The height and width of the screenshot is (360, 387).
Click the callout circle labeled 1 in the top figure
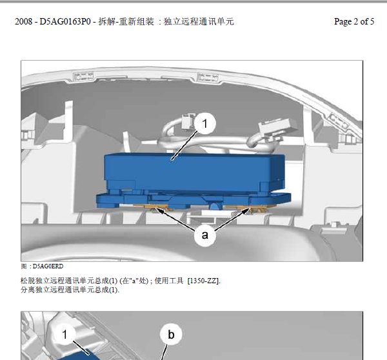click(x=205, y=123)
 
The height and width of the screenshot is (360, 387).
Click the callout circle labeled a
click(x=205, y=235)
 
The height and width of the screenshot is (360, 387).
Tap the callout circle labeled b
click(x=171, y=334)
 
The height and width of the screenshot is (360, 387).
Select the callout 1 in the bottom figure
click(x=64, y=334)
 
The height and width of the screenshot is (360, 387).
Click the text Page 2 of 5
click(x=354, y=21)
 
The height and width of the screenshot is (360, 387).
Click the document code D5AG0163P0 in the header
click(x=65, y=21)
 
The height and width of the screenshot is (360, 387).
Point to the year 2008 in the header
click(x=23, y=21)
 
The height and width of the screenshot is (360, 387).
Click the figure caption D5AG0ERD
click(x=48, y=266)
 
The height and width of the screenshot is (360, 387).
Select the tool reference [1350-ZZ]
click(x=204, y=281)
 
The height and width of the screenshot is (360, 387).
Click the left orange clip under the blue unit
click(x=151, y=207)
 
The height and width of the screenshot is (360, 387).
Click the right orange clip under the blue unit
click(x=249, y=208)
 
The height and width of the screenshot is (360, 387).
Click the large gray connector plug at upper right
click(x=277, y=128)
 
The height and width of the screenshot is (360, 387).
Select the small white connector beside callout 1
click(x=188, y=121)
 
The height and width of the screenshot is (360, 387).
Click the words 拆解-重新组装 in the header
click(x=126, y=21)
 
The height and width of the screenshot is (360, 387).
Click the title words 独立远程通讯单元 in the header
click(x=199, y=21)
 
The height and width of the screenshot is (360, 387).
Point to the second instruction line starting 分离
click(x=70, y=290)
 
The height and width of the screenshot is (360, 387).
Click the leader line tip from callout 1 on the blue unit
click(x=172, y=159)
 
